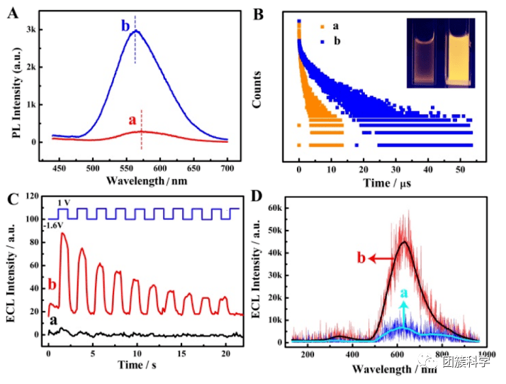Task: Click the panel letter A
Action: click(12, 11)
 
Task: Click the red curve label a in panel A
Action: click(131, 121)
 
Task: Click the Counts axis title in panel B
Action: click(260, 89)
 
